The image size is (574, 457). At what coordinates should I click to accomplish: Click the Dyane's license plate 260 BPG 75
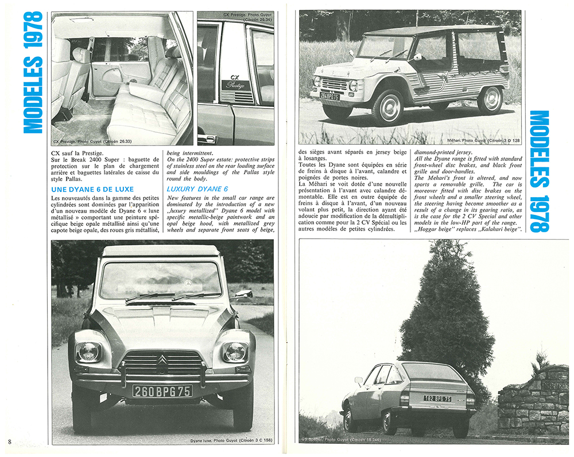click(162, 391)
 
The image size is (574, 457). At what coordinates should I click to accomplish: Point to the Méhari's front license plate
click(329, 96)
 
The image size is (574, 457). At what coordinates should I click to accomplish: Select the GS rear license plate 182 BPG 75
click(437, 398)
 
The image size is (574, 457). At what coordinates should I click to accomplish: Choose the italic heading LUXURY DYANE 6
click(197, 189)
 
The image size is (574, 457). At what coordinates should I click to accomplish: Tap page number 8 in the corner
click(10, 441)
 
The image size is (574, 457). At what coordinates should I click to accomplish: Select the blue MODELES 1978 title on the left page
click(34, 72)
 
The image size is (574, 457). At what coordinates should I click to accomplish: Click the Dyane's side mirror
click(244, 294)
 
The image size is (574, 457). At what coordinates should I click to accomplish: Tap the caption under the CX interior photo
click(92, 140)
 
